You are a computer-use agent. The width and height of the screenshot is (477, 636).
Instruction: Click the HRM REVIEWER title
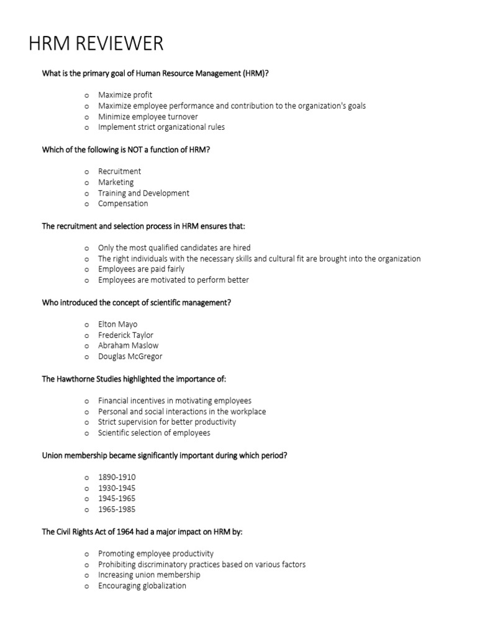coord(96,43)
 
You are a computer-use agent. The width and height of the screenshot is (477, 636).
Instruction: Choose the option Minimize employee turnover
coord(148,116)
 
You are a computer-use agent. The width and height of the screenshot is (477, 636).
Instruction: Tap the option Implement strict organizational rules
coord(161,127)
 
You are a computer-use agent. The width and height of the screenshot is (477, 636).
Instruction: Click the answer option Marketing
coord(116,182)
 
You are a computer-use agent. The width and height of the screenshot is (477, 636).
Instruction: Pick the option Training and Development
coord(143,193)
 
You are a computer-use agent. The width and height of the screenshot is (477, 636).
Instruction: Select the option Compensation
coord(123,204)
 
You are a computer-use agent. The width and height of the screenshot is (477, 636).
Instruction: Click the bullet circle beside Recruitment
coord(87,172)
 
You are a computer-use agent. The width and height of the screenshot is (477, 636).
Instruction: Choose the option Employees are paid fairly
coord(141,270)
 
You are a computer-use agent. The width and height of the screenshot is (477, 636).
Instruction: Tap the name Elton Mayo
coord(117,324)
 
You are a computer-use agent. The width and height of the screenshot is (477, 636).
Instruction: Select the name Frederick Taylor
coord(125,335)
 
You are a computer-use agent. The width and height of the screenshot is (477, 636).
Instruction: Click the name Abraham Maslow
coord(128,345)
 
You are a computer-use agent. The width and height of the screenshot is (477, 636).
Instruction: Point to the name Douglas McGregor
coord(130,357)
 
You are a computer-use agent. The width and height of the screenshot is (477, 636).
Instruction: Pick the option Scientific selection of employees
coord(154,433)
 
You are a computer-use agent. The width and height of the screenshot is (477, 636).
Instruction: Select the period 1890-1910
coord(117,477)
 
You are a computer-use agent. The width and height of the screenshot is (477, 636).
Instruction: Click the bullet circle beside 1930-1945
coord(87,489)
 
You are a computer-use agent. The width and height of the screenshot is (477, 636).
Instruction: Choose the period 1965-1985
coord(117,509)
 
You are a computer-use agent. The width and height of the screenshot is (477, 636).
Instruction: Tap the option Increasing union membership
coord(149,575)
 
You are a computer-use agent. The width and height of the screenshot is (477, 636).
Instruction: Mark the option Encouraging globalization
coord(142,586)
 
